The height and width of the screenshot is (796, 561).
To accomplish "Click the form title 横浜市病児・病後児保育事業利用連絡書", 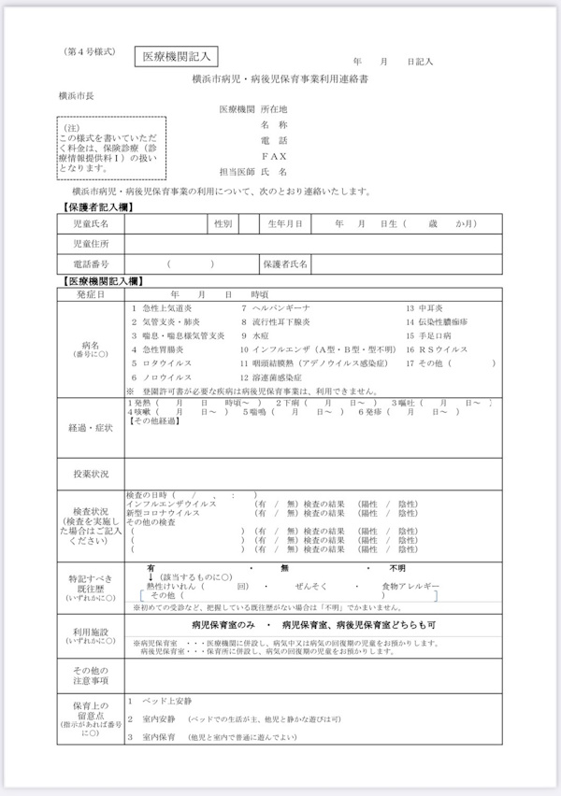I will tap(280, 81).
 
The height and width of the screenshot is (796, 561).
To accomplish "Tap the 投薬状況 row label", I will tap(91, 475).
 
